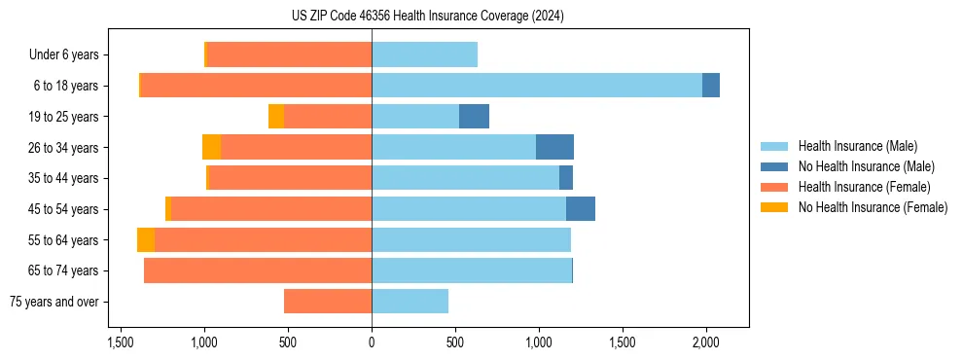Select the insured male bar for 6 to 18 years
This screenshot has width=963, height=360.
tap(536, 86)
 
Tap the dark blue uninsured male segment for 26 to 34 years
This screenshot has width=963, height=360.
tap(554, 147)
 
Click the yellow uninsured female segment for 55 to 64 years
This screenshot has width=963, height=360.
tap(146, 239)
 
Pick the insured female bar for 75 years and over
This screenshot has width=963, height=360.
tap(328, 302)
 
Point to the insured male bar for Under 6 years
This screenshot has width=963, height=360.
tap(424, 54)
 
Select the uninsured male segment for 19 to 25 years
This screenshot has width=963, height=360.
tap(474, 117)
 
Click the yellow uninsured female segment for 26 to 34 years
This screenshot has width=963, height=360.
tap(211, 147)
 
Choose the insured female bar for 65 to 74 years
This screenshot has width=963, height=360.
tap(258, 270)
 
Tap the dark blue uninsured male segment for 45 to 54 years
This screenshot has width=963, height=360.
tap(581, 209)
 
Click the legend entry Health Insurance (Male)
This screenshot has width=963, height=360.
tap(857, 146)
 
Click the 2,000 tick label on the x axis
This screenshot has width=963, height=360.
tap(705, 343)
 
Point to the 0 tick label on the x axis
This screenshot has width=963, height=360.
tap(372, 343)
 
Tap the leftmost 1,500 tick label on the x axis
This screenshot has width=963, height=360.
tap(121, 343)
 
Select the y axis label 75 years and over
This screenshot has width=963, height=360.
tap(53, 302)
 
